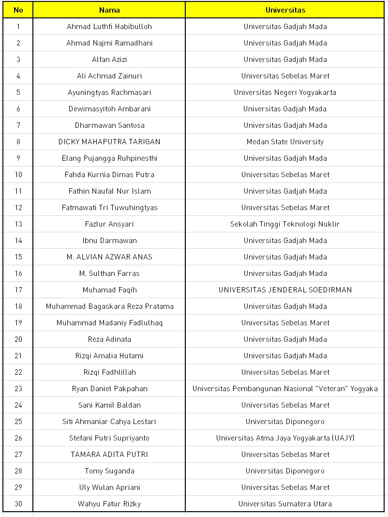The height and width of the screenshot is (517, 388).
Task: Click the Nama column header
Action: (109, 10)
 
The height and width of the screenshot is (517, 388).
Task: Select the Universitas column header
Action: (285, 10)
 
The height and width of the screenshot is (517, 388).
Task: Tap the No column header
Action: (18, 10)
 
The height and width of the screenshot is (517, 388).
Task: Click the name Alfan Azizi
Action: (109, 60)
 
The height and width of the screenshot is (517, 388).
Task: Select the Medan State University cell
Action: (285, 142)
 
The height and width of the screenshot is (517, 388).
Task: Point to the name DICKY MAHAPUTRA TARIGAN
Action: (109, 142)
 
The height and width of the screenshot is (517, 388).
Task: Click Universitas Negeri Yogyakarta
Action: (285, 92)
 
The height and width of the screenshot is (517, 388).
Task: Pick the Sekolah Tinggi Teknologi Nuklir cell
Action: (285, 224)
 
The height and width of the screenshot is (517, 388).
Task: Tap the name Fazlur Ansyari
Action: (109, 224)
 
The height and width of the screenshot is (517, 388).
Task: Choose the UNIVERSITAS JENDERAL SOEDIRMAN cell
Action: (285, 290)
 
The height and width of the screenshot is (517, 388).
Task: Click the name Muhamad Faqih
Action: (109, 290)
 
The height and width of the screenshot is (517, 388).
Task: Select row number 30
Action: (18, 504)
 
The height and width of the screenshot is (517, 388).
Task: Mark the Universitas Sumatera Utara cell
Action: (285, 504)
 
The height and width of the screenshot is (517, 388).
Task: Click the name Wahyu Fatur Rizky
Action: (109, 504)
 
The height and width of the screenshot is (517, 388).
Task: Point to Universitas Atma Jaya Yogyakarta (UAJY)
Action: (285, 438)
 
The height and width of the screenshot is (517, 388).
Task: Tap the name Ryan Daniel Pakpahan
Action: (109, 389)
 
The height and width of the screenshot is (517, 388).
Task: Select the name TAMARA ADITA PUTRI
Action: (109, 455)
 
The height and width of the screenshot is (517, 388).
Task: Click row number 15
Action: (18, 257)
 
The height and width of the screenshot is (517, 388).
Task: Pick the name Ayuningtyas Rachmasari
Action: (109, 92)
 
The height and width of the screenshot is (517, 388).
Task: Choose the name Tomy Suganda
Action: (109, 471)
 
